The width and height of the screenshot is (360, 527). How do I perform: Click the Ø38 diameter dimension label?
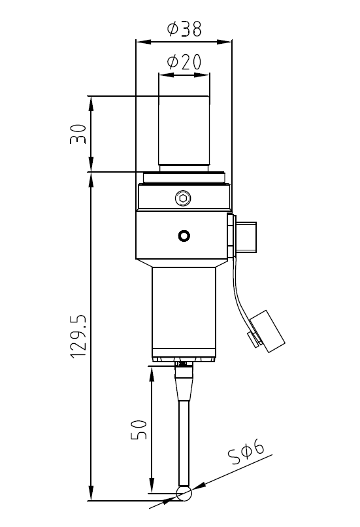[184, 29]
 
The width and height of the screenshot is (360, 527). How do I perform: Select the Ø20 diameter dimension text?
[184, 62]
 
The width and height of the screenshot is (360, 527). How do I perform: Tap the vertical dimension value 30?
[78, 134]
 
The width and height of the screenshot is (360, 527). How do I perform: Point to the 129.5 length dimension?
[78, 337]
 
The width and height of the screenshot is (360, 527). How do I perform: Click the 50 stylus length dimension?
[139, 430]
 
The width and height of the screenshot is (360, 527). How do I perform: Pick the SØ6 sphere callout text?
[246, 452]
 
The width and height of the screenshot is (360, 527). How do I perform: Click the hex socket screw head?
[183, 199]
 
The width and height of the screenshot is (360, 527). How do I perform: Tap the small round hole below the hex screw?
[184, 235]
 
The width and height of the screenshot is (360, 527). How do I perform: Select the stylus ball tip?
[184, 494]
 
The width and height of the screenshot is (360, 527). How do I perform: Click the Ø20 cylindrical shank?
[184, 133]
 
